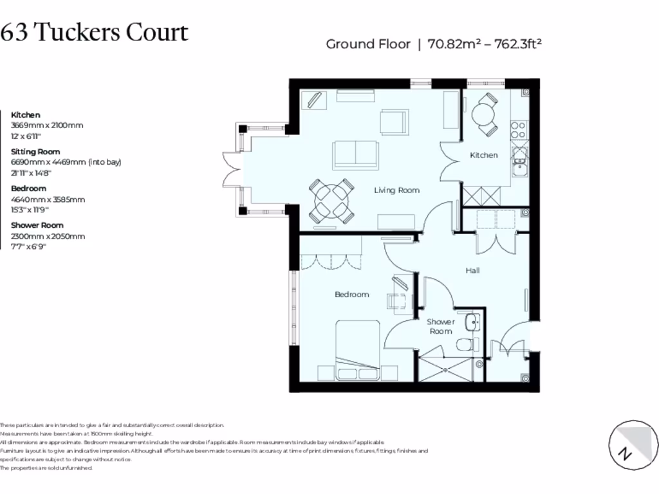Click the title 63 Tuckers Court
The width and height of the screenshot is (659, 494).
point(94,32)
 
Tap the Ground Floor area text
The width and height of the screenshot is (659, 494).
point(434,44)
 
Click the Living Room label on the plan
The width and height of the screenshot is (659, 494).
point(396,190)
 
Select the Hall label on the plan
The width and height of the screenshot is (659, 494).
point(472,271)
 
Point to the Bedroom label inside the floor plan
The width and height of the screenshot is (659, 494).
point(352,295)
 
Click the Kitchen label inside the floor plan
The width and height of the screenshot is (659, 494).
point(483,155)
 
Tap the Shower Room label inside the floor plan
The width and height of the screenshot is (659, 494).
point(441,326)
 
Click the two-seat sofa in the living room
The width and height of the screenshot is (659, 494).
point(352,155)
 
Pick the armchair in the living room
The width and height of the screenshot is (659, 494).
point(394,122)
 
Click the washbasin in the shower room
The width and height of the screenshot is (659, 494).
point(472,322)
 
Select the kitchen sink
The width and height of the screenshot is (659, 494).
point(519,161)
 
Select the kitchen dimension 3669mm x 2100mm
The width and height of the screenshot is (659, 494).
point(47,125)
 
